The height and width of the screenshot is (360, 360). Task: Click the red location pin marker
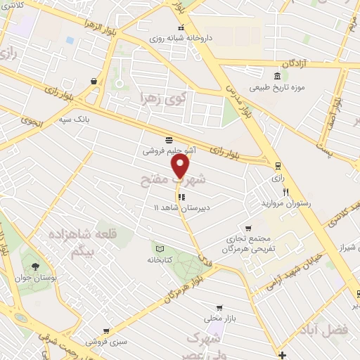tap(181, 166)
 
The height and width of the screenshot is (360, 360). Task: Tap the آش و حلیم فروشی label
tap(169, 150)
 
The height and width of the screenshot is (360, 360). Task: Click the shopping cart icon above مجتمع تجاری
tap(248, 228)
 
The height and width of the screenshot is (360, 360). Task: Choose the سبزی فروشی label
tap(106, 342)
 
